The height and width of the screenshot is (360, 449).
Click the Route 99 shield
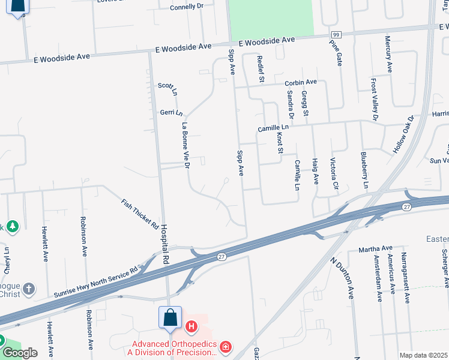point(336,35)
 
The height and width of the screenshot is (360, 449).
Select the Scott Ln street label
point(167,89)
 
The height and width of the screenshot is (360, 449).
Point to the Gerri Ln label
point(171,112)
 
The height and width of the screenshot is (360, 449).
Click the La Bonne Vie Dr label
point(185,145)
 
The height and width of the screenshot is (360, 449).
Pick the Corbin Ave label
point(300,82)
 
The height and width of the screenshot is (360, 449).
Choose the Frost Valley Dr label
point(373,100)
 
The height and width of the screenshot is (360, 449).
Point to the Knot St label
point(279,143)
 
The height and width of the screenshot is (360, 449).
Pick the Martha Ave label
point(375,248)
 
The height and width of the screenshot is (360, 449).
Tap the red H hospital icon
point(191,327)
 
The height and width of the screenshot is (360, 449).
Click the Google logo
point(20,352)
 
